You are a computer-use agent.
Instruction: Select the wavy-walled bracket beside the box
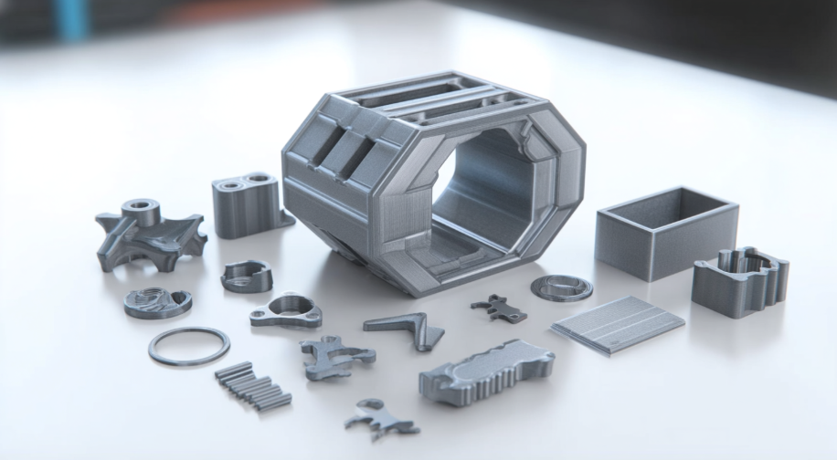[739, 280]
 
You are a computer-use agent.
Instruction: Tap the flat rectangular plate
[619, 323]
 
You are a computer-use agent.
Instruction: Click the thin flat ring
[188, 347]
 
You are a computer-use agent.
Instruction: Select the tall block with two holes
[246, 204]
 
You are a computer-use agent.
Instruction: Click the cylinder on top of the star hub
[141, 212]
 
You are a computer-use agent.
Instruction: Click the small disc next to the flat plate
[561, 287]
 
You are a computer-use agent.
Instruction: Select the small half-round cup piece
[247, 276]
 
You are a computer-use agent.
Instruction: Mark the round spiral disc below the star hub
[157, 302]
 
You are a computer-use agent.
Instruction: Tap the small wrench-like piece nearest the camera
[380, 419]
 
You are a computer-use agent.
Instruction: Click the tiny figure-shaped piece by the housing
[498, 308]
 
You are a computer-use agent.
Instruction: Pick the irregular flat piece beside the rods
[334, 355]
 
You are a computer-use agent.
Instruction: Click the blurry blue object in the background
[69, 18]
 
